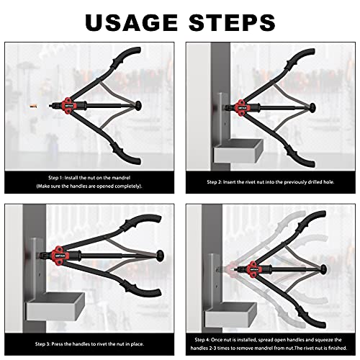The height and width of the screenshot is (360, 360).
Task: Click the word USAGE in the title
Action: (131, 22)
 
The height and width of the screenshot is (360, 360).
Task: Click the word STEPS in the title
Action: (232, 22)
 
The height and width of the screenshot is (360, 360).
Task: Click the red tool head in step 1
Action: (69, 106)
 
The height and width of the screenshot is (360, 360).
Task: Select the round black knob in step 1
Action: (138, 106)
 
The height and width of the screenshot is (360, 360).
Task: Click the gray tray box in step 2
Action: (238, 150)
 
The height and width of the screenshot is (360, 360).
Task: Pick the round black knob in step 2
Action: (312, 108)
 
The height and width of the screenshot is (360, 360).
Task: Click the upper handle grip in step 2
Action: (300, 59)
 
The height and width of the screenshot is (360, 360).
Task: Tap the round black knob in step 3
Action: (160, 256)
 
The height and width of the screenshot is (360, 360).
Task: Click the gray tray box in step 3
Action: (55, 307)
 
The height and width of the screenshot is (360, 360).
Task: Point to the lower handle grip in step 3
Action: (143, 289)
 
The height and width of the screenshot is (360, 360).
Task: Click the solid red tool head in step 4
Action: (253, 269)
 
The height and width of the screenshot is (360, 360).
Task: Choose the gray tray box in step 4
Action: (231, 315)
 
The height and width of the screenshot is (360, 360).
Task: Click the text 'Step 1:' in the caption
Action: (56, 178)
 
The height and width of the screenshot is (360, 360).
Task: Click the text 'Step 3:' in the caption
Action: (42, 344)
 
